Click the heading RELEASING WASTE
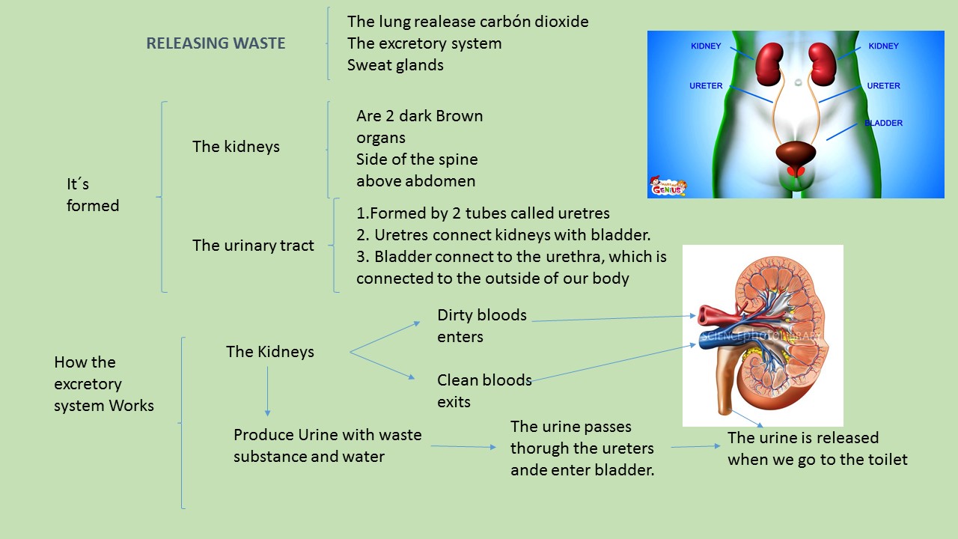click(x=216, y=43)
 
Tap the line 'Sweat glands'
click(x=395, y=65)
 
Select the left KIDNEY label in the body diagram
click(x=706, y=46)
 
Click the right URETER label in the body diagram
click(x=883, y=86)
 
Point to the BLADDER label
click(x=883, y=123)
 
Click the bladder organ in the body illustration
click(x=796, y=153)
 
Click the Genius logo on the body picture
click(x=668, y=187)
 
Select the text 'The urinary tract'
click(x=253, y=246)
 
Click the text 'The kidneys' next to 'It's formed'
click(x=236, y=147)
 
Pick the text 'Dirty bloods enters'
click(x=482, y=326)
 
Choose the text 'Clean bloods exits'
click(x=484, y=391)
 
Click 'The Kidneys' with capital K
click(x=270, y=352)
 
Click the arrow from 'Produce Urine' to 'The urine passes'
click(x=463, y=447)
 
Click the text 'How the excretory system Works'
click(x=104, y=384)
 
